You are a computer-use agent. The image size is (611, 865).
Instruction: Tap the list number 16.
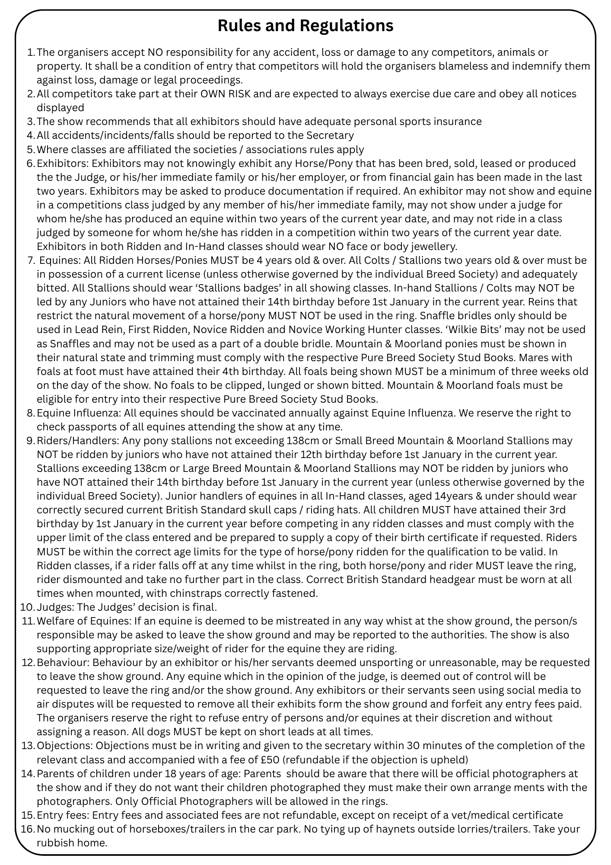point(27,829)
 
